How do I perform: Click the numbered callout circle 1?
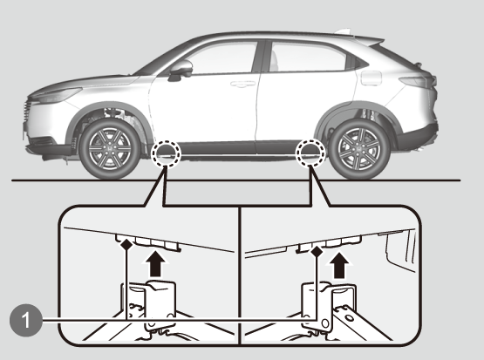coord(26,320)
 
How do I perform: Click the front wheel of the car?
coord(110,149)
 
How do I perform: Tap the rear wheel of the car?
coord(359,149)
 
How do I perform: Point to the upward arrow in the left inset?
coord(155,264)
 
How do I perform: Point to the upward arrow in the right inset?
coord(339,265)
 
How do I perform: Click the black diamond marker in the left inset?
coord(126,245)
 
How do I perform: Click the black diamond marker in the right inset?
coord(317,252)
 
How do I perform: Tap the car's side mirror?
coord(181,71)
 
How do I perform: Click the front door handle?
coord(242,84)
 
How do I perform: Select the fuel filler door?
coord(371,78)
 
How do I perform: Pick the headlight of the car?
coord(57,95)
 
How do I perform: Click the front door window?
coord(218,58)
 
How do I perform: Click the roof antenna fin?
coord(344,31)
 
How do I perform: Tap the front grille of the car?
coord(27,111)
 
